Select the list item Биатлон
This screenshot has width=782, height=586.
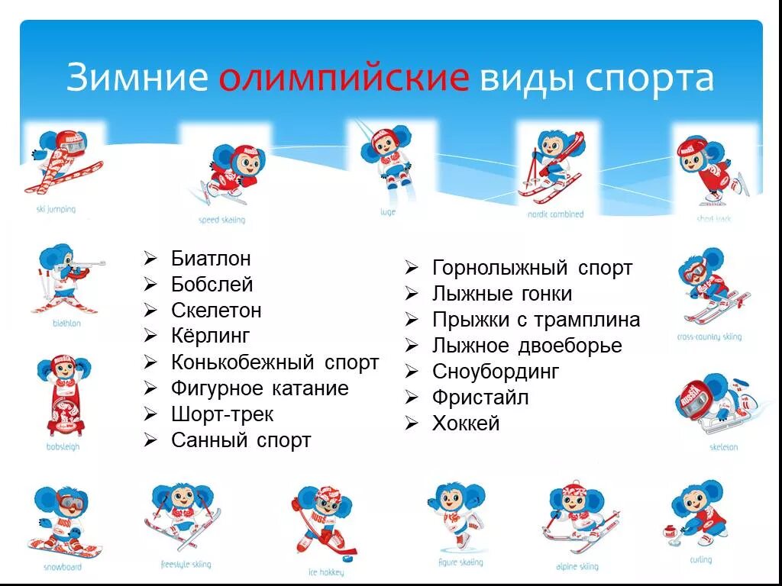tap(211, 259)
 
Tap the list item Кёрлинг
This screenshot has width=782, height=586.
tap(211, 336)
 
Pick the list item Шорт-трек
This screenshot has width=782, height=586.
tap(222, 414)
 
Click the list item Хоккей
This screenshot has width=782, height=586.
tap(466, 423)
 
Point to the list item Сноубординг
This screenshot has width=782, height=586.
tap(496, 372)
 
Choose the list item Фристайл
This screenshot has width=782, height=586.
tap(480, 398)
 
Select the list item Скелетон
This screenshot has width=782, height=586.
tap(216, 311)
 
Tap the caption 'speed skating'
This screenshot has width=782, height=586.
tap(222, 221)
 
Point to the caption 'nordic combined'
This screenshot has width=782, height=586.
tap(555, 215)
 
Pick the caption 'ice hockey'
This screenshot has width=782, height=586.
tap(326, 572)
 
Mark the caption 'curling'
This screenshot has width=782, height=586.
tap(700, 560)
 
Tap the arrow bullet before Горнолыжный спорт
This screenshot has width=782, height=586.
tap(411, 268)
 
